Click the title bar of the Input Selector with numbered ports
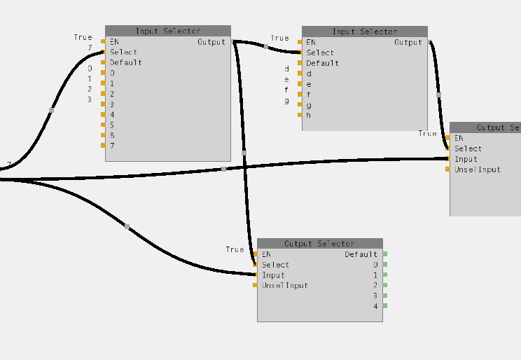[168, 31]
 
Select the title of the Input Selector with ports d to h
[364, 32]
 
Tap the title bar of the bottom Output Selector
[319, 243]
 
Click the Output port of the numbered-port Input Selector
[232, 41]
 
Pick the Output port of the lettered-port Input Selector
[429, 42]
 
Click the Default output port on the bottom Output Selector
[384, 254]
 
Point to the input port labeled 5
[104, 125]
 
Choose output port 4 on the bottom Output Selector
[384, 306]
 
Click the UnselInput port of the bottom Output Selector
[256, 285]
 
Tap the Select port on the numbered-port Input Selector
[104, 52]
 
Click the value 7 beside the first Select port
[90, 48]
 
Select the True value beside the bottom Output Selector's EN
[235, 249]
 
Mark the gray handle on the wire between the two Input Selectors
[266, 47]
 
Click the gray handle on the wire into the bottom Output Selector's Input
[127, 226]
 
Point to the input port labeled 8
[104, 135]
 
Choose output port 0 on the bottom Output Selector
[384, 265]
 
